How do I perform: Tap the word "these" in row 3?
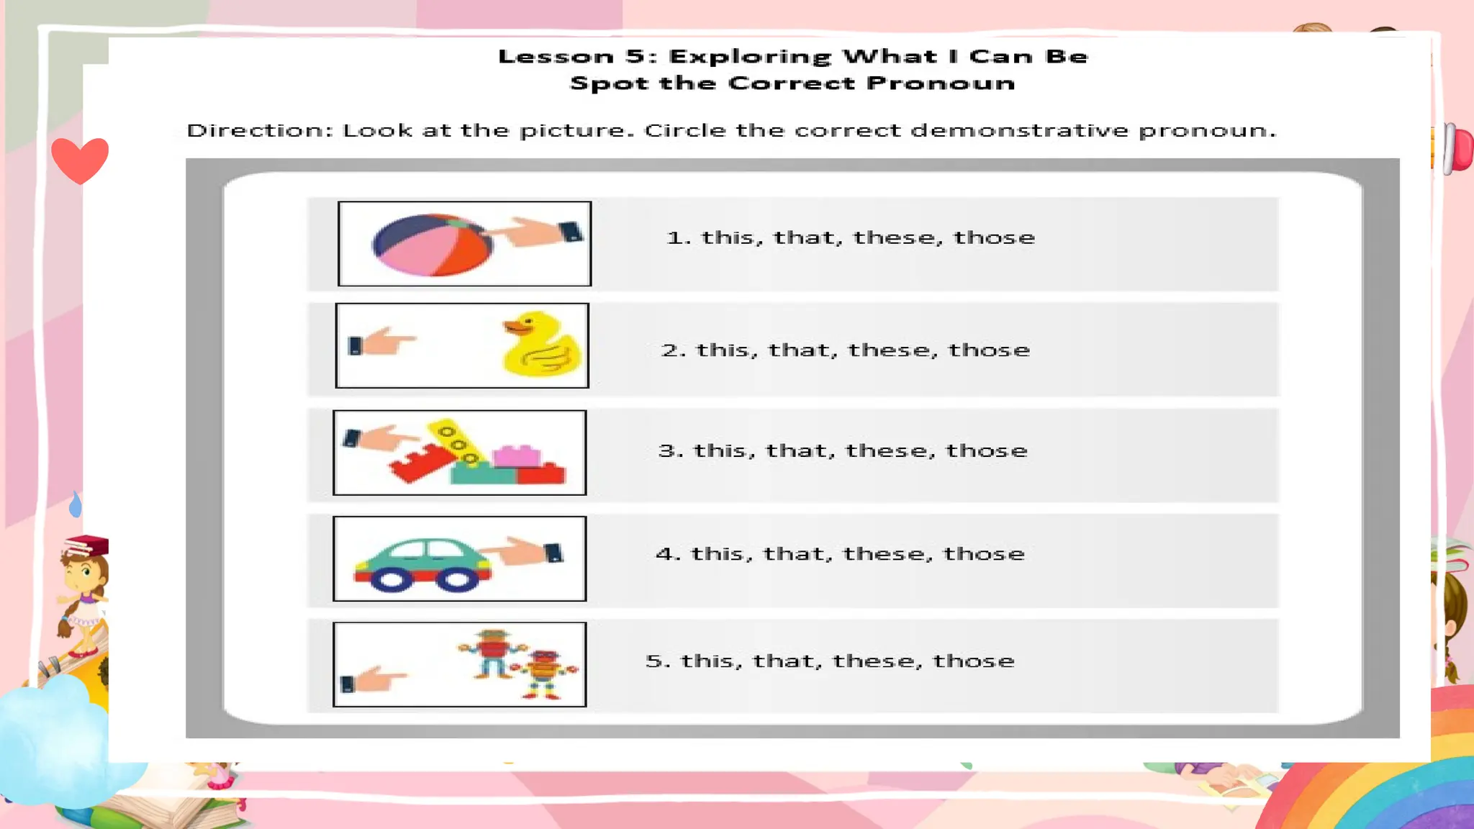pos(890,450)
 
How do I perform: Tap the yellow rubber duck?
pos(541,344)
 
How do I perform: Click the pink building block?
pos(516,456)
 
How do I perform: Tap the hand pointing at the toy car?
pos(525,553)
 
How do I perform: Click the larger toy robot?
pos(492,652)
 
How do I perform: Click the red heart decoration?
pos(80,160)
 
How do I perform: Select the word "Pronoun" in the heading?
pos(940,83)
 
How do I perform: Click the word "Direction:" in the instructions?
pos(260,131)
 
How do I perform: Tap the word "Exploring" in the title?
pos(749,57)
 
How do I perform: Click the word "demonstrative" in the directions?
pos(1019,131)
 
